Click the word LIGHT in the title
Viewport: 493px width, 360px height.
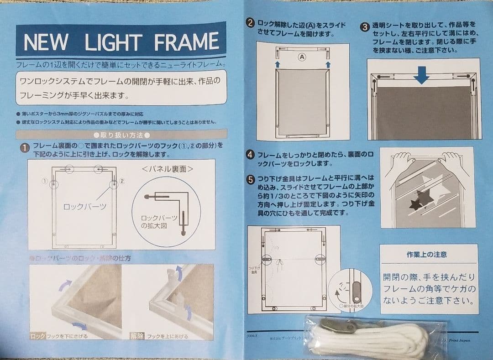(x=120, y=43)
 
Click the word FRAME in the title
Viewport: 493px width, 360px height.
(x=187, y=43)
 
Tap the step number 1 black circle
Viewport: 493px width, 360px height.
(x=24, y=148)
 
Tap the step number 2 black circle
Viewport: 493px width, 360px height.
(x=250, y=23)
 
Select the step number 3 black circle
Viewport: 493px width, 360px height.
(x=365, y=26)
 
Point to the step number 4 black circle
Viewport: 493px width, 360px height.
(x=250, y=155)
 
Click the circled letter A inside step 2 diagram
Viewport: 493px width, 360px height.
(x=301, y=57)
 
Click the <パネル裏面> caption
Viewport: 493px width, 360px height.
(x=168, y=169)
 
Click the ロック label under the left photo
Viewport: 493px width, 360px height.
(x=37, y=336)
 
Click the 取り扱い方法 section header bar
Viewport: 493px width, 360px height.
(x=121, y=135)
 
